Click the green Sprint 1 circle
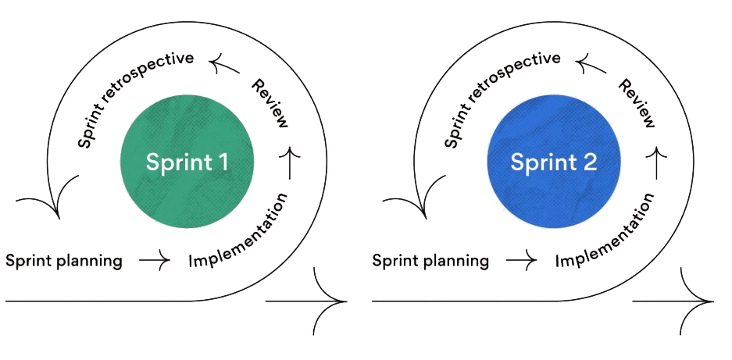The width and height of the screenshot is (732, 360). tap(187, 162)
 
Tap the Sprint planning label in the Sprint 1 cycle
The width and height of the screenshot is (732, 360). tap(64, 260)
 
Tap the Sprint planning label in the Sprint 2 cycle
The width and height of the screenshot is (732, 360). tap(430, 260)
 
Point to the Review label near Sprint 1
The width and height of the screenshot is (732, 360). tap(270, 102)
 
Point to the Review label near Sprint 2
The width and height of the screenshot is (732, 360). tap(637, 102)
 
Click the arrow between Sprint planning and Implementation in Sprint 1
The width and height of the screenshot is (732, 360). tap(154, 260)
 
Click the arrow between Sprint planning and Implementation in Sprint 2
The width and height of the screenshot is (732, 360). tap(520, 260)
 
